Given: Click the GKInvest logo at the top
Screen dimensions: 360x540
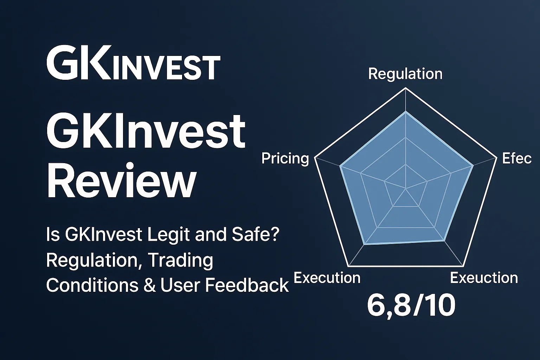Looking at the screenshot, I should pos(133,63).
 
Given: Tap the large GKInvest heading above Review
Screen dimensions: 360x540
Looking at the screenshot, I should pos(146,132).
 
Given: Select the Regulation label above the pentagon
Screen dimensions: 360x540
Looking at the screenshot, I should pos(405,74).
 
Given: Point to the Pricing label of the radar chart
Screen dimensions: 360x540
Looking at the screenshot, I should pos(285,159).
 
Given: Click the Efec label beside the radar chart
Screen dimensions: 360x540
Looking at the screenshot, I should pos(516,159).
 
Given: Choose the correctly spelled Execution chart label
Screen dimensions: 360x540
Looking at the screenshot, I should pos(327,278).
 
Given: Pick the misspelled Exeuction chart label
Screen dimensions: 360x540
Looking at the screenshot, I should pos(484,278).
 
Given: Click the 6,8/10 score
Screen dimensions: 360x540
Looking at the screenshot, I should pos(411,305).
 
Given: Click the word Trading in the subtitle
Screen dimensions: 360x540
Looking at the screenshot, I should pos(180,261).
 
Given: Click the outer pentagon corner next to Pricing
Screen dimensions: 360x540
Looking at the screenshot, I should pos(315,158).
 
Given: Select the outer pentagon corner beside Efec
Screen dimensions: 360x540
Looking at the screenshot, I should pos(496,158).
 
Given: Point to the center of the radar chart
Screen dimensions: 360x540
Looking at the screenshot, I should pos(406,189).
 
